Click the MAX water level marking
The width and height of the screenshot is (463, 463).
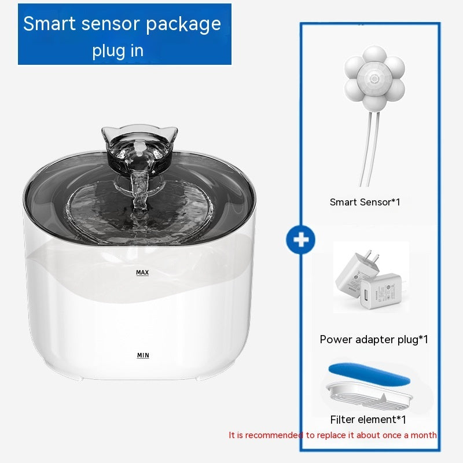click(142, 272)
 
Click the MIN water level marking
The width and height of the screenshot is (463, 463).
click(142, 355)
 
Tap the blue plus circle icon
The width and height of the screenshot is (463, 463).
click(300, 240)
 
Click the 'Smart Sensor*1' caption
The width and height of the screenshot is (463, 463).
click(365, 202)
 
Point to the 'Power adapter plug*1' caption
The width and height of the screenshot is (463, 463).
click(374, 339)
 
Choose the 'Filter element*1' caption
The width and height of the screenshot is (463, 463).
click(368, 419)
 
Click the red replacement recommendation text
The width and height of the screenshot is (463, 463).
click(333, 435)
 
